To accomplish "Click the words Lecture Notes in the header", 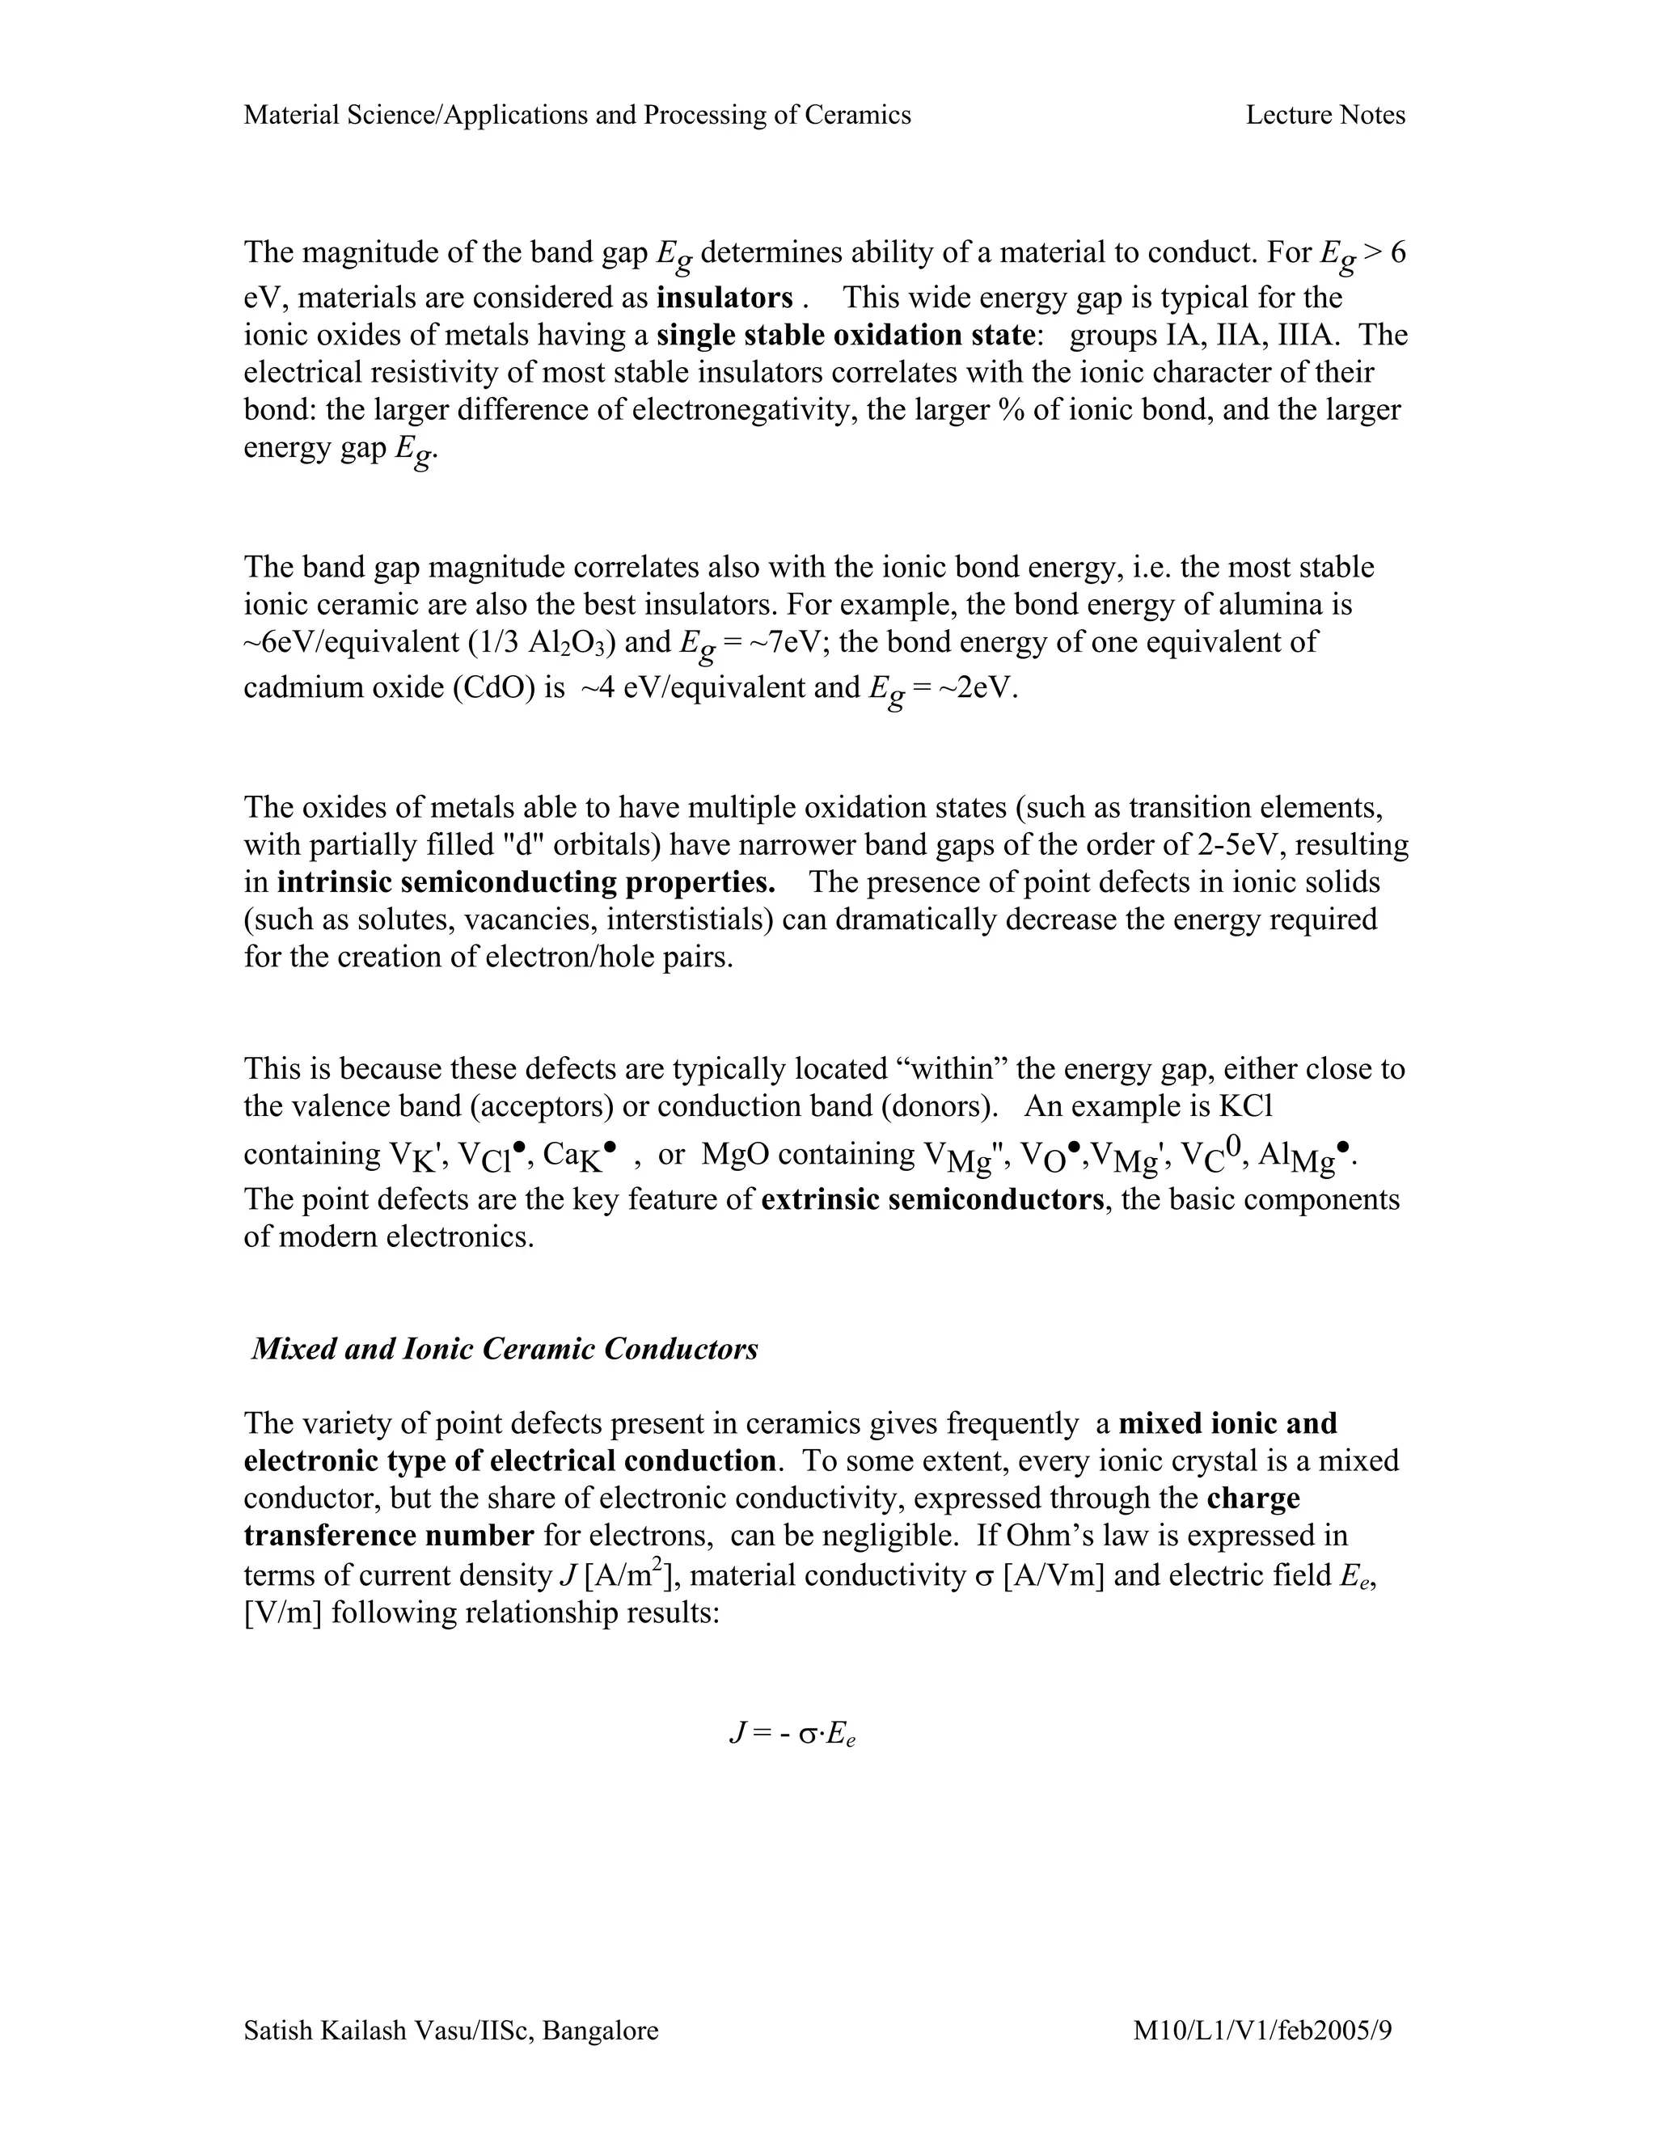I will [1324, 115].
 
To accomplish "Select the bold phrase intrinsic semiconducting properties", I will [526, 881].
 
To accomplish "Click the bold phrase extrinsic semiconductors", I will [932, 1199].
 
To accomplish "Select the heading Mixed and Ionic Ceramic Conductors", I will [505, 1348].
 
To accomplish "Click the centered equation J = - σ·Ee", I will [792, 1735].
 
